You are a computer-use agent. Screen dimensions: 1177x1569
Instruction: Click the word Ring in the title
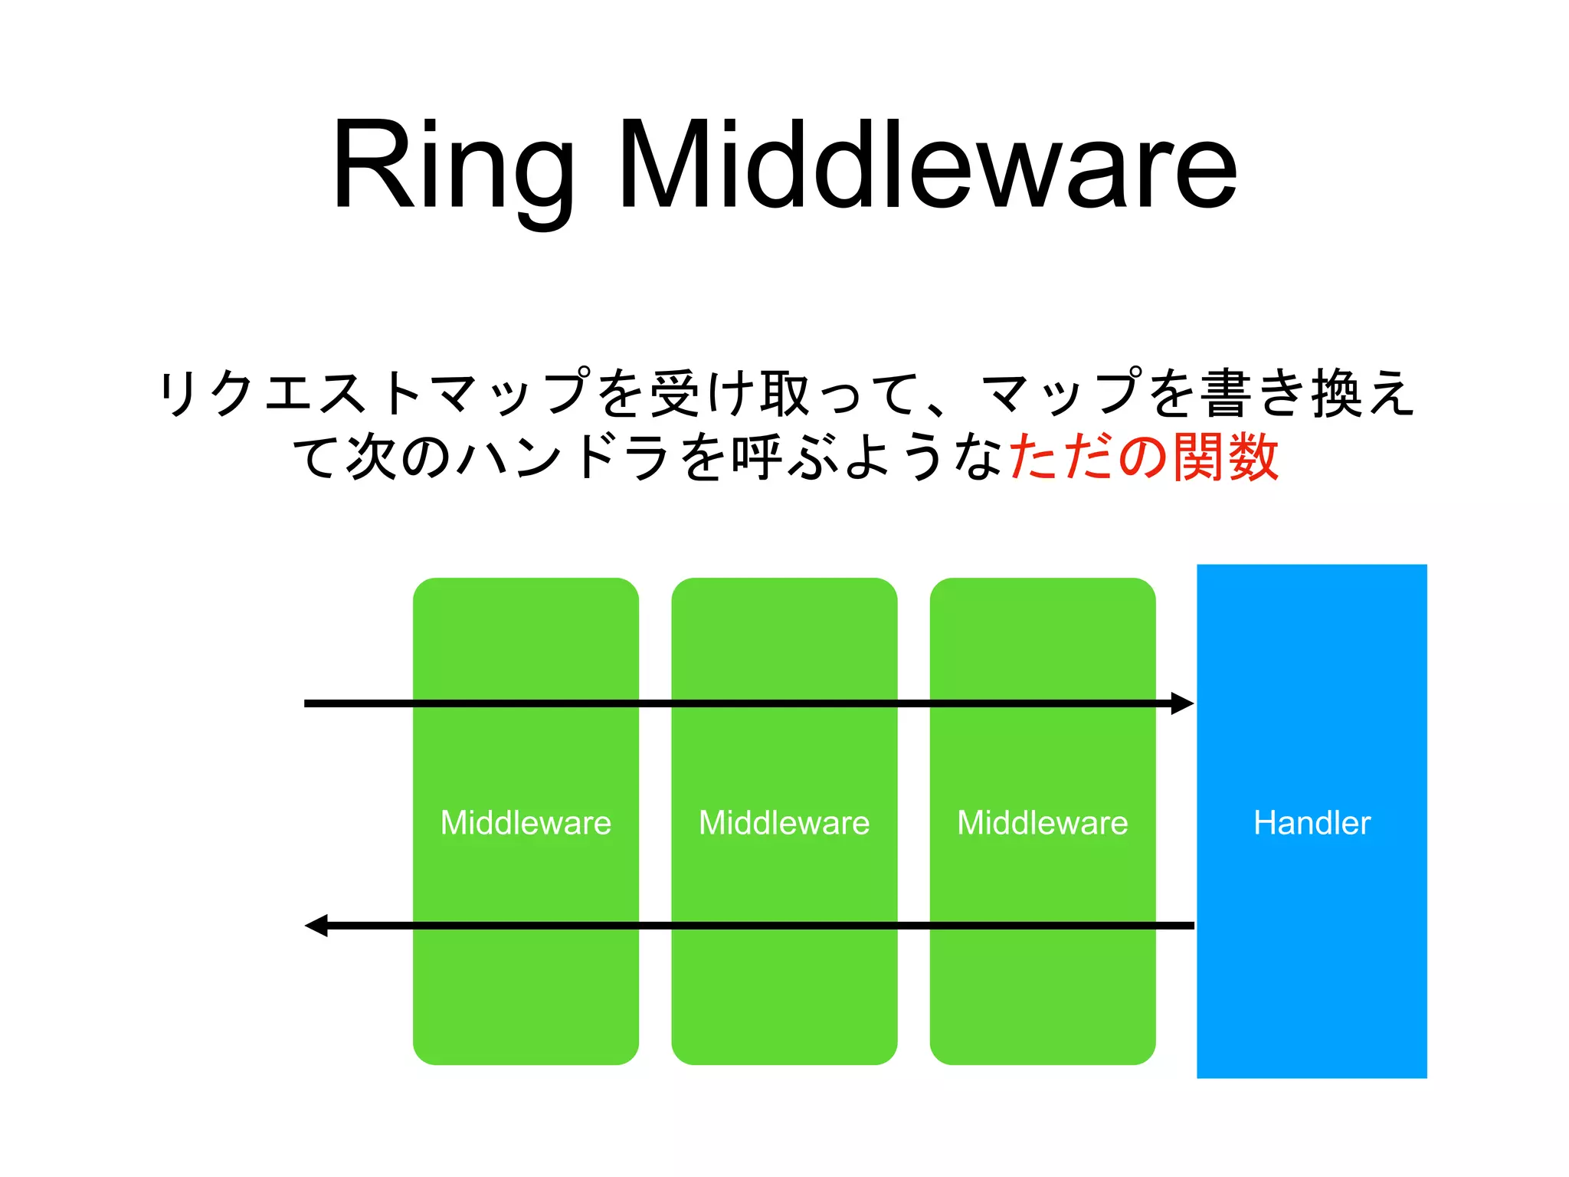pos(452,165)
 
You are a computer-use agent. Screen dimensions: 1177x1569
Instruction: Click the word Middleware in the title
pos(927,165)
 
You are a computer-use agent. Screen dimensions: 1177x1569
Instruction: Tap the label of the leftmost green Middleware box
pos(526,823)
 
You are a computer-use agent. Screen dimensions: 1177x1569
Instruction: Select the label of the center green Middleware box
pos(784,823)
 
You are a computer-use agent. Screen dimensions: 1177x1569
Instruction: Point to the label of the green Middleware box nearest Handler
pos(1042,823)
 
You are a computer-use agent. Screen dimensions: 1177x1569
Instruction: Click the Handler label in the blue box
pos(1312,823)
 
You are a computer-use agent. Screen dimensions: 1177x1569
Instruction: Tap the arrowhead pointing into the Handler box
pos(1183,703)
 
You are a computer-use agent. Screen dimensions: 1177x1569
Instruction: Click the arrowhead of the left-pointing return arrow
pos(316,926)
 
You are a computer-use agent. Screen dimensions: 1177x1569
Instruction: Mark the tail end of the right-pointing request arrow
pos(308,703)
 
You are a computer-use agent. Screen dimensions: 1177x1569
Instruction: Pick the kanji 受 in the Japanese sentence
pos(675,394)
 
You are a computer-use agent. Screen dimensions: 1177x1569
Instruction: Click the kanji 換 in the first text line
pos(1337,394)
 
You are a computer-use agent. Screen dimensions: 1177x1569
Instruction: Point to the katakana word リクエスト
pos(291,394)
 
